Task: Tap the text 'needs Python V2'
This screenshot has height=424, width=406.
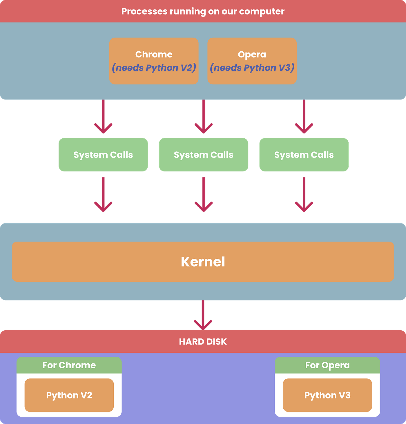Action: point(154,68)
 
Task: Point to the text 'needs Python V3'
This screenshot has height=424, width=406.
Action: point(252,68)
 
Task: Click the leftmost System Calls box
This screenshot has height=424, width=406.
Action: point(103,155)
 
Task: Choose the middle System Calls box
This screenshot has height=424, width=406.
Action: point(204,155)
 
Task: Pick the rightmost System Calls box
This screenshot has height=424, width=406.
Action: point(304,155)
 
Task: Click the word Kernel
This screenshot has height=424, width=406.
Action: point(203,262)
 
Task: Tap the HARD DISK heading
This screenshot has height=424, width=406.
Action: point(203,342)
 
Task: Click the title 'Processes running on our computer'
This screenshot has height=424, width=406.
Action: point(203,11)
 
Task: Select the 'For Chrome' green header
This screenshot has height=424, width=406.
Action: point(69,365)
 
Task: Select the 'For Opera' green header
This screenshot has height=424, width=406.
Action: point(327,365)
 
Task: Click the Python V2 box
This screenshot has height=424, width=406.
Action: point(69,395)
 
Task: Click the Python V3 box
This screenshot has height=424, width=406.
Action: point(327,395)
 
